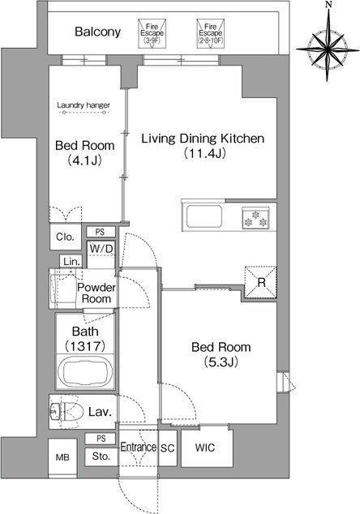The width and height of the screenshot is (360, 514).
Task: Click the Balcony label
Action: (98, 32)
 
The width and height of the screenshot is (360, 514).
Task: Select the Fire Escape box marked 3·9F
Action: (152, 34)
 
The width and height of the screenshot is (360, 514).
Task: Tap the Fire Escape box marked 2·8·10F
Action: (211, 34)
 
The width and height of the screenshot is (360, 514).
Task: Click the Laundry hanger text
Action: (84, 105)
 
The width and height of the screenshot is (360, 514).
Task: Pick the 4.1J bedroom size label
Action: (84, 161)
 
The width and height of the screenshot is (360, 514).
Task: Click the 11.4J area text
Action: (204, 153)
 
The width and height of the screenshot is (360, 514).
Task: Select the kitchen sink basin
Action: (204, 216)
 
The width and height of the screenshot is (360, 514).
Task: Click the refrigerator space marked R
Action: (261, 282)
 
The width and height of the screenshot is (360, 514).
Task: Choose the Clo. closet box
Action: (65, 237)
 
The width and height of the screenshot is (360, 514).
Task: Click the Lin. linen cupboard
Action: (71, 261)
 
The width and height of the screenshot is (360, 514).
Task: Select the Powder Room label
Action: (96, 293)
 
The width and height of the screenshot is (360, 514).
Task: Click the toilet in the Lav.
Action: (67, 411)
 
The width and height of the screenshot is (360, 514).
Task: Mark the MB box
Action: (62, 457)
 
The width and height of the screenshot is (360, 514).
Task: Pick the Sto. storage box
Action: (101, 456)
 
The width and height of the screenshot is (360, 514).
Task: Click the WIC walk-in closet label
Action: (205, 448)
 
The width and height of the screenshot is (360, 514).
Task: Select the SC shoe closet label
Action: (167, 448)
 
